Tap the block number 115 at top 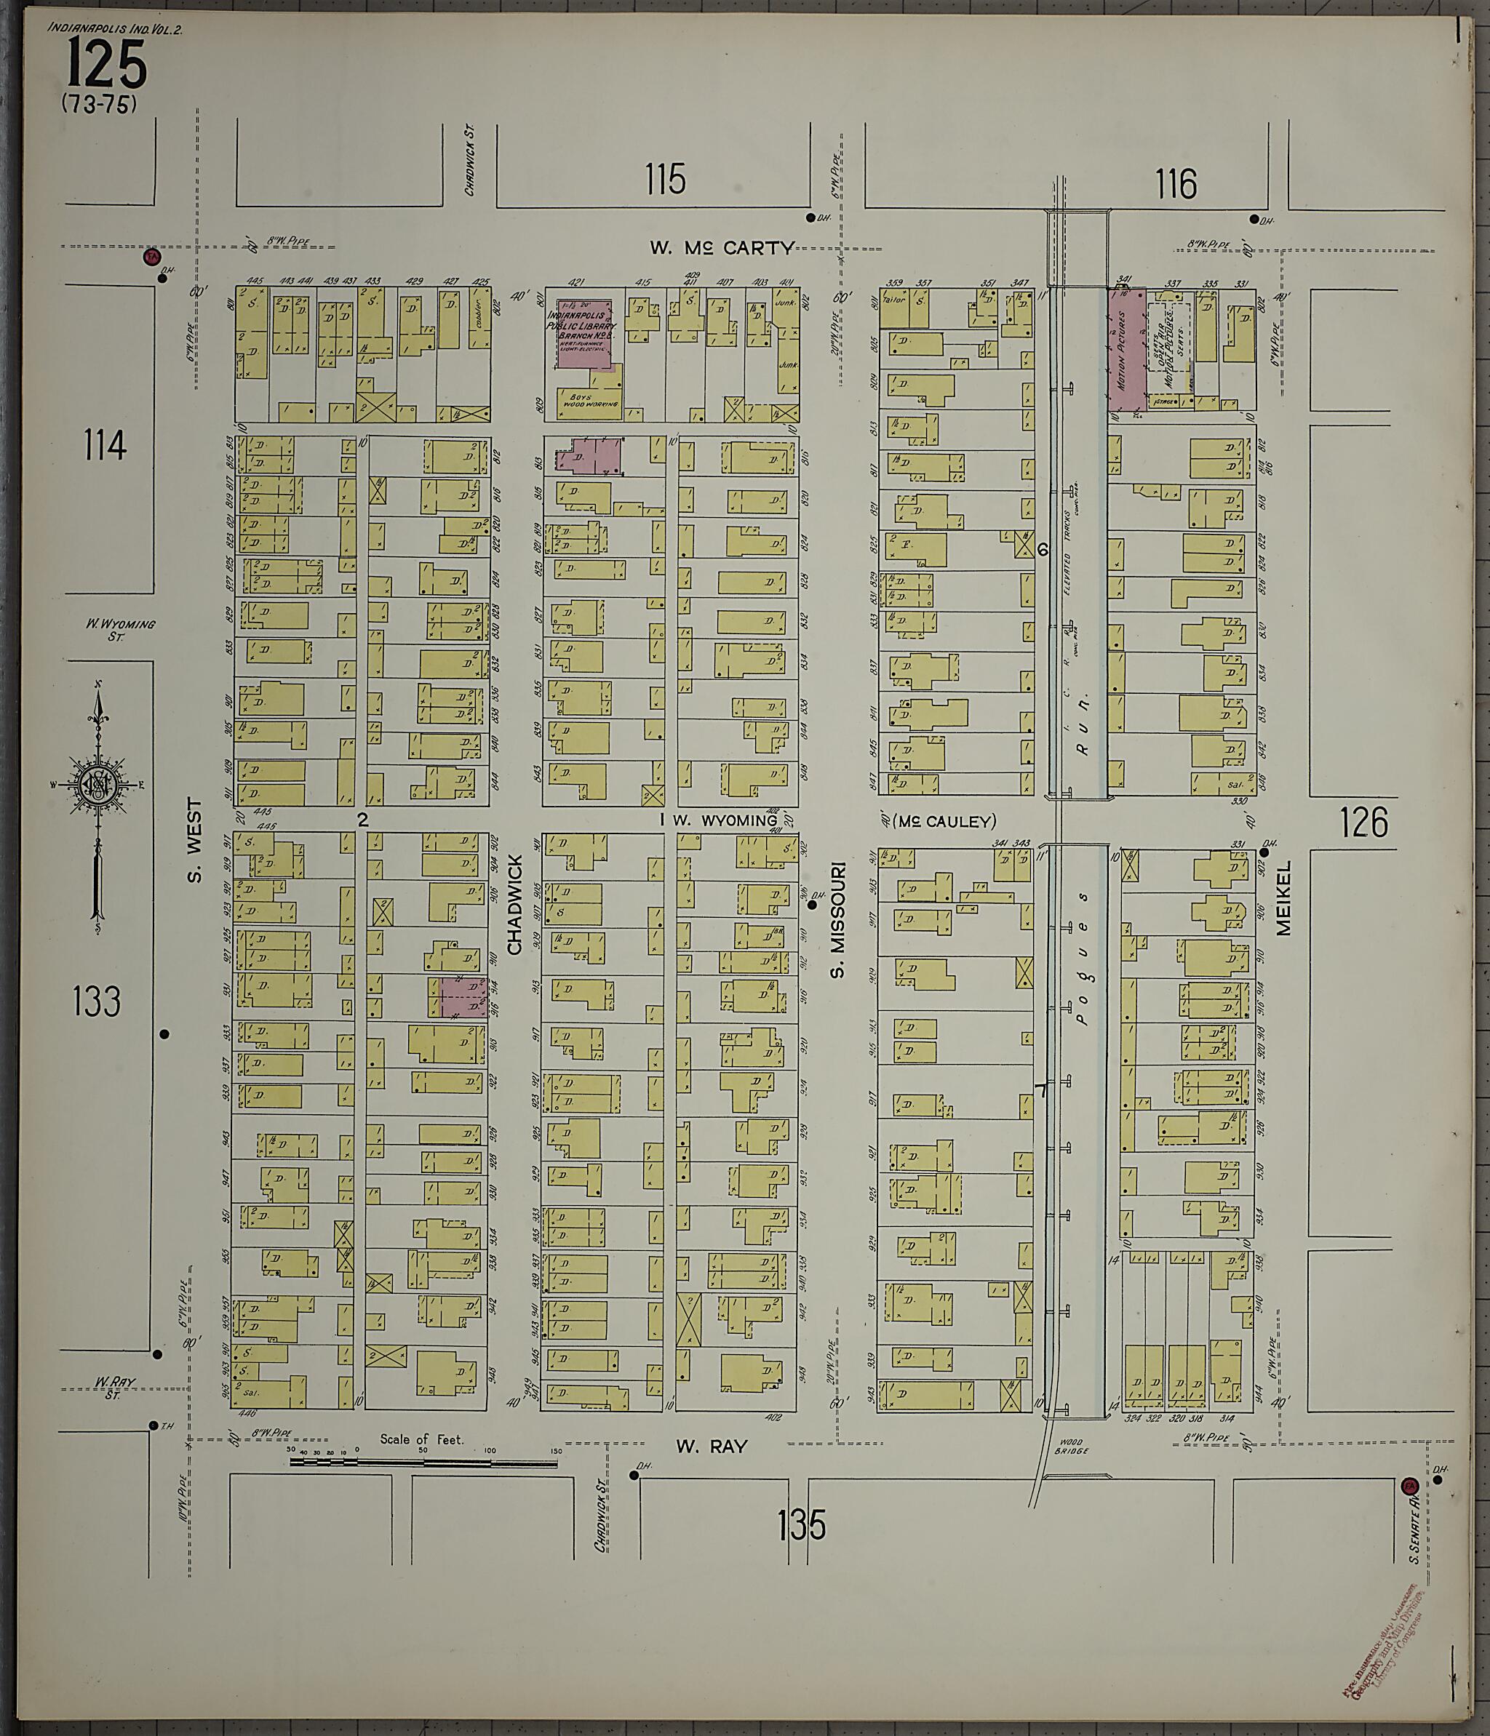pos(666,180)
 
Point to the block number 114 pos(105,445)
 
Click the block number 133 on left pos(96,1001)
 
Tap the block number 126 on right pos(1363,822)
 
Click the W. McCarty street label pos(722,247)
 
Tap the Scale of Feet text pos(421,1439)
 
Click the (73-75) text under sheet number pos(98,105)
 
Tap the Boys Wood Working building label pos(591,400)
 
